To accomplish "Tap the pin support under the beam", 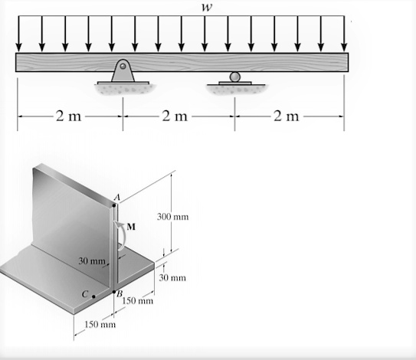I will (x=123, y=70).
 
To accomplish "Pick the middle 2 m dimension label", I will (x=177, y=116).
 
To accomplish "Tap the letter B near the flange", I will (x=120, y=293).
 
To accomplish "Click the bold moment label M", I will (x=131, y=227).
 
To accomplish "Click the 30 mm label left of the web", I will (x=90, y=262).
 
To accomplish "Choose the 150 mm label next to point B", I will (x=139, y=299).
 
